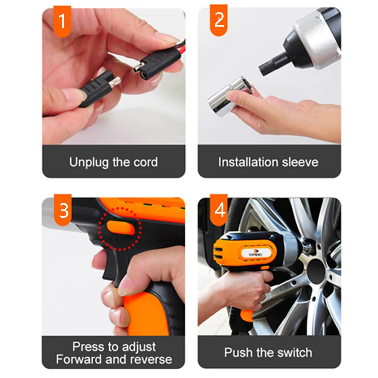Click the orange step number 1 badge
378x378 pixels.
tap(62, 22)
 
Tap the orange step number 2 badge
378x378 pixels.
tap(218, 20)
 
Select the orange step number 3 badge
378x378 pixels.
tap(63, 210)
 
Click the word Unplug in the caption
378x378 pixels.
tap(89, 163)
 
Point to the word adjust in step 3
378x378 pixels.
tap(139, 347)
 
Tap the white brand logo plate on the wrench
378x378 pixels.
tap(256, 253)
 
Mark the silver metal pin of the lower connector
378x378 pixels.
tap(114, 82)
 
